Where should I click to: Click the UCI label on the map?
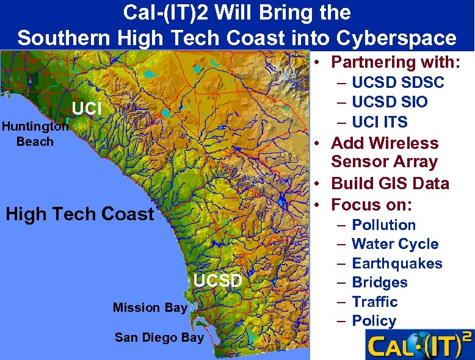click(x=86, y=109)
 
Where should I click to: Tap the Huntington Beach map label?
click(x=35, y=134)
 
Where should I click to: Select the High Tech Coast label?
click(x=79, y=214)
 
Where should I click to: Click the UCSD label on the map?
click(x=218, y=281)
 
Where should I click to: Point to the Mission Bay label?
click(x=150, y=308)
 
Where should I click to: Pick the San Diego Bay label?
click(x=159, y=337)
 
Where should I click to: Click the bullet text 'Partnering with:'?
click(x=395, y=62)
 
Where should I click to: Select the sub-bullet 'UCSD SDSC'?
click(x=398, y=82)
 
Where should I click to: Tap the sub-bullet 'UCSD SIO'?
click(x=390, y=102)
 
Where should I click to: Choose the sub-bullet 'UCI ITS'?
click(x=379, y=122)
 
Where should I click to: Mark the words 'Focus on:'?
click(x=371, y=204)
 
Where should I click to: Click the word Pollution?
click(x=383, y=225)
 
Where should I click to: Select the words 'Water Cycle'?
click(x=395, y=244)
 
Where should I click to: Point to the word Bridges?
click(x=380, y=283)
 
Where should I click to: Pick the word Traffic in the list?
click(x=374, y=302)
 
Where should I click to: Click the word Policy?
click(x=374, y=321)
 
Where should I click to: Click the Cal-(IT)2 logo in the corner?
click(x=419, y=345)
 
